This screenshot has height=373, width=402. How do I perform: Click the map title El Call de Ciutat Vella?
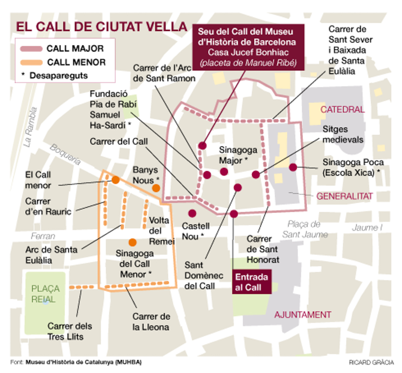[101, 27]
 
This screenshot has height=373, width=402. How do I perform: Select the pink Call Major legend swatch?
[31, 49]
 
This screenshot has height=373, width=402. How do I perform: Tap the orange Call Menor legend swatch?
[31, 62]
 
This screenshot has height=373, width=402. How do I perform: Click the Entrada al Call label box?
[251, 282]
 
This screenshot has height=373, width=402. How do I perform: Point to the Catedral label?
[342, 110]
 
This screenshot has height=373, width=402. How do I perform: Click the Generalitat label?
[344, 196]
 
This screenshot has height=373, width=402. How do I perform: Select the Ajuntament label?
[303, 315]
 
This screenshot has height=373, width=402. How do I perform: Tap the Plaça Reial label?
[45, 294]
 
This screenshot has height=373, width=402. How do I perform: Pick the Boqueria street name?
[65, 155]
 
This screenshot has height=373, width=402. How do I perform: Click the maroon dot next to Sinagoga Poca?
[293, 167]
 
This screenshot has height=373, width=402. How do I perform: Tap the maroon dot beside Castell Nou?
[192, 213]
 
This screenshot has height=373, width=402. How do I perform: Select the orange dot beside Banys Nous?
[156, 188]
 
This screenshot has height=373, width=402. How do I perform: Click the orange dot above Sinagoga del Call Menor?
[132, 242]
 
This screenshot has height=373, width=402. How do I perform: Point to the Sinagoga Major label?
[238, 155]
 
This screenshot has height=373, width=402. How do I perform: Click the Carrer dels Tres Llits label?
[69, 331]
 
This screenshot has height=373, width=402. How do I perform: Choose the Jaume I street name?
[367, 228]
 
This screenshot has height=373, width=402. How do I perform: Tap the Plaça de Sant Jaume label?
[304, 229]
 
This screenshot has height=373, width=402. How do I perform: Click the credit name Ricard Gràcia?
[371, 362]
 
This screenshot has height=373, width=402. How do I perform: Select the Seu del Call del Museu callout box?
[248, 47]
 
